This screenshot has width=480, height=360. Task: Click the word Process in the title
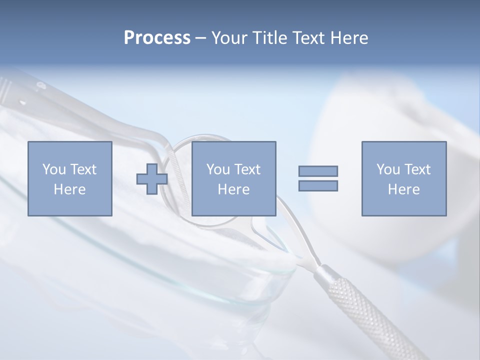coord(157,38)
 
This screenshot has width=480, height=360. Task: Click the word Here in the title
coord(348,38)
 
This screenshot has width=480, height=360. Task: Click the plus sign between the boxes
coord(152,178)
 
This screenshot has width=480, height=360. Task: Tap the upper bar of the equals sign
coord(318,171)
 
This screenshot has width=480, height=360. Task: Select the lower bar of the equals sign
coord(318,185)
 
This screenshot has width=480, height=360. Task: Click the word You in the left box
coord(53,169)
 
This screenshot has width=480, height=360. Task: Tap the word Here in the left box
coord(69,189)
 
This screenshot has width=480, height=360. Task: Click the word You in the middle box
coord(218,169)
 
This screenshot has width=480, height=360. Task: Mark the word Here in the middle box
coord(233,189)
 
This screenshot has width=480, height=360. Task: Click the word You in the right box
coord(388,169)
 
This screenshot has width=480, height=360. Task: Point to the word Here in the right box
coord(403,189)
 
